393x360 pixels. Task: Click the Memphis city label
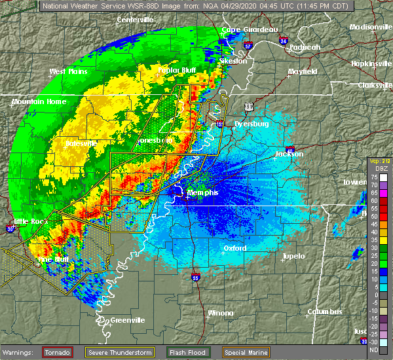[202, 193]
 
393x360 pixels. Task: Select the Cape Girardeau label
[250, 29]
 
